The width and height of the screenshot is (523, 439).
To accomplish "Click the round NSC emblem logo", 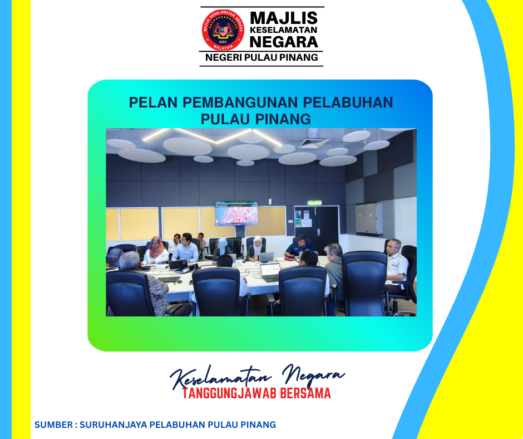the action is (223, 30).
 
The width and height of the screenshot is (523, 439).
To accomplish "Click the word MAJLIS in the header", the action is (284, 18).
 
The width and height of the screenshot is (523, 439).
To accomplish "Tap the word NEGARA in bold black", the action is (284, 42).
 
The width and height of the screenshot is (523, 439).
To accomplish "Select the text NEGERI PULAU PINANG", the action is (261, 57).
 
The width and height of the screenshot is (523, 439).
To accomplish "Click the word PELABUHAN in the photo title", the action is (348, 103).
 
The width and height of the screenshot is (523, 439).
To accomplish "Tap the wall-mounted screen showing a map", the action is (236, 213).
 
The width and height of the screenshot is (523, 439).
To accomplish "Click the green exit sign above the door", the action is (314, 203).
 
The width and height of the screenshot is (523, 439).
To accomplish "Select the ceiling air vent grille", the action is (313, 143).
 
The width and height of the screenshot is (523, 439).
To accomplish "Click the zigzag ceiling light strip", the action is (213, 136).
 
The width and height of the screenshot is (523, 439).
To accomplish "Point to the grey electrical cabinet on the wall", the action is (369, 218).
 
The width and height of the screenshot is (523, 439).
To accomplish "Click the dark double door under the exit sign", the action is (316, 229).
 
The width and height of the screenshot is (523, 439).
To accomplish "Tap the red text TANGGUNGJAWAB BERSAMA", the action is (256, 393).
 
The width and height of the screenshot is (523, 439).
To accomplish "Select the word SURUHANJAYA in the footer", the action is (113, 425).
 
